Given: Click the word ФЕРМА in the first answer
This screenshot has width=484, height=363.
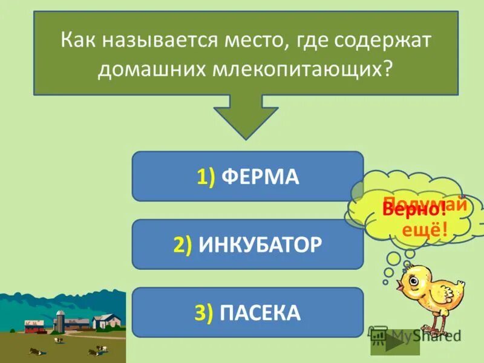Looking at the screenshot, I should click(x=261, y=177).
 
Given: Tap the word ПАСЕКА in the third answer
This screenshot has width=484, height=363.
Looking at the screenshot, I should click(x=261, y=312).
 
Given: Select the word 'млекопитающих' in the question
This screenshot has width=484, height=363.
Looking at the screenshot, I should click(x=301, y=67).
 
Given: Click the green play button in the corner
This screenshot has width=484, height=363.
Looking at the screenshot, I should click(x=393, y=341).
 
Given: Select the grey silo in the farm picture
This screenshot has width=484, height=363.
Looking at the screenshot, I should click(x=60, y=320).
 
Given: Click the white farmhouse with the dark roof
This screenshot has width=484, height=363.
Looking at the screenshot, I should click(x=106, y=321).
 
